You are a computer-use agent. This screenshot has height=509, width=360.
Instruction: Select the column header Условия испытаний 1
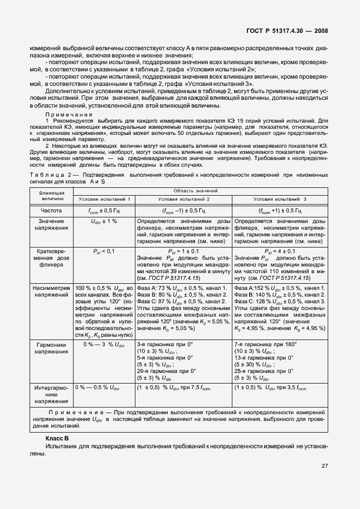(x=104, y=199)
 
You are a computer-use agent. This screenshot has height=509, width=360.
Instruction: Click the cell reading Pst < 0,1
(x=104, y=251)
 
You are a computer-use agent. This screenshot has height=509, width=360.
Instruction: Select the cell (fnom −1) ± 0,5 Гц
(x=184, y=211)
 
